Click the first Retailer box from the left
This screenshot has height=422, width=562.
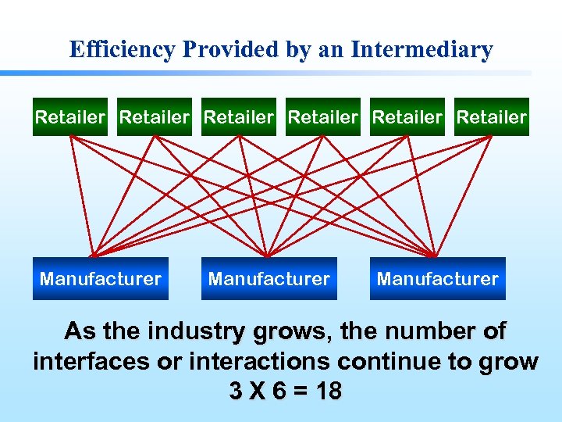tap(70, 117)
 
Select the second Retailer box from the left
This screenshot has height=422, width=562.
tap(155, 117)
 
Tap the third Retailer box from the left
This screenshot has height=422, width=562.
tap(239, 117)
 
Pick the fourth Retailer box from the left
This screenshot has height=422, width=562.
tap(323, 117)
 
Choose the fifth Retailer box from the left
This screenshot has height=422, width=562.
tap(407, 117)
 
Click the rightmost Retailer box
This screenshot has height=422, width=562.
tap(492, 117)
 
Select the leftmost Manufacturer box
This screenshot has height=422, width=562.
tap(101, 279)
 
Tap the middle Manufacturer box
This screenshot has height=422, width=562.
tap(269, 279)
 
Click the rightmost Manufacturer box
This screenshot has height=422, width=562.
tap(437, 279)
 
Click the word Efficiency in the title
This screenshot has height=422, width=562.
tap(123, 50)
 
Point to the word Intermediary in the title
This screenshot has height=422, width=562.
tap(422, 50)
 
